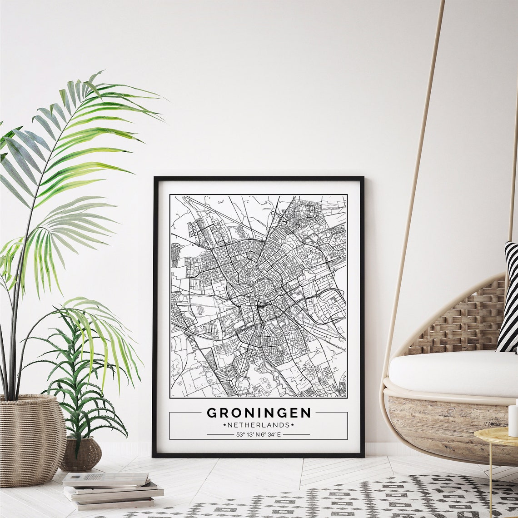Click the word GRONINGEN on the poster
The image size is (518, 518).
(259, 413)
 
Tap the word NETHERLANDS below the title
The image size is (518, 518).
(259, 425)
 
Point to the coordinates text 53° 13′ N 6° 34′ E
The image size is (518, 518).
(259, 434)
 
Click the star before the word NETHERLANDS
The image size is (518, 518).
(224, 425)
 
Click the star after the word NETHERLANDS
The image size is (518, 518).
(293, 425)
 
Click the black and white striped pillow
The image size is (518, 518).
(508, 300)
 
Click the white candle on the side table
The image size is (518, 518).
(513, 420)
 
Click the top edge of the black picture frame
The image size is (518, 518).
(259, 179)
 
